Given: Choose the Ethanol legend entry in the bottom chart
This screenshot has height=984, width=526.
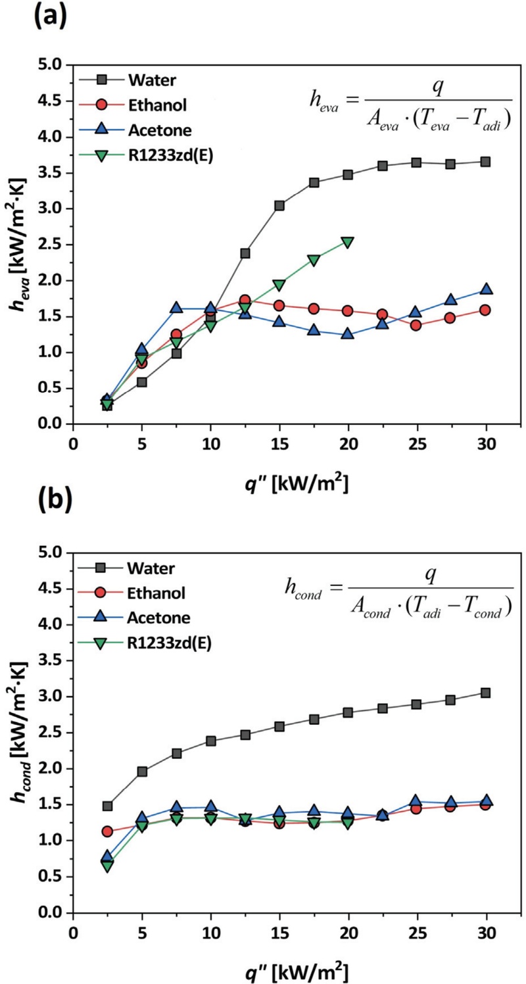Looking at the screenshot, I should (161, 594).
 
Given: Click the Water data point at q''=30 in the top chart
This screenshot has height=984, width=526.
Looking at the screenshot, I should (485, 162).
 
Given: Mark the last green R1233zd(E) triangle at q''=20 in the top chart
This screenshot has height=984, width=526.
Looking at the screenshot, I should (348, 243).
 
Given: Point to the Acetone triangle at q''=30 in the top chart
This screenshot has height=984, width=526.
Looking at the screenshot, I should (485, 289).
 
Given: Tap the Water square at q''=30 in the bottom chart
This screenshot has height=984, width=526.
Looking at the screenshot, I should (485, 693).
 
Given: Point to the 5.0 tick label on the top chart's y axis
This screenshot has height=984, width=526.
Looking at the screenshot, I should (49, 65).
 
